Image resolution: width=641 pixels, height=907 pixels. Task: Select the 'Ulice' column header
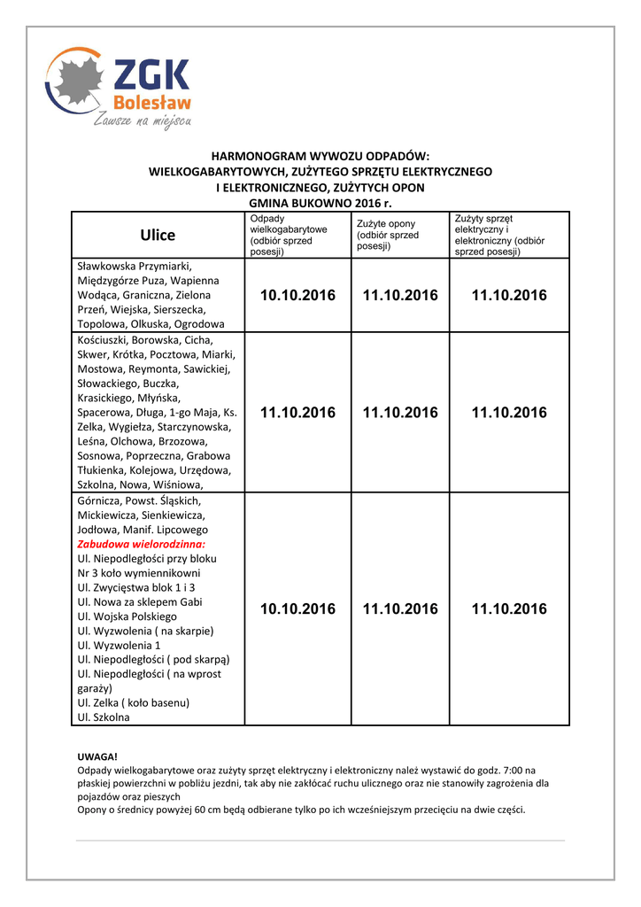(158, 235)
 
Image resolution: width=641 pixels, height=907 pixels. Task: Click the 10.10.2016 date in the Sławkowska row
(298, 295)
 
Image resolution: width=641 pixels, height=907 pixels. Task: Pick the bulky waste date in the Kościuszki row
(298, 412)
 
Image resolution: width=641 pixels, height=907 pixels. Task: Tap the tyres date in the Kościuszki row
(400, 412)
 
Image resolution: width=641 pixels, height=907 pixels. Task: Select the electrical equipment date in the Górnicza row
(509, 609)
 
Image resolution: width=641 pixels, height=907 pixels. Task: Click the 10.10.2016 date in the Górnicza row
(298, 609)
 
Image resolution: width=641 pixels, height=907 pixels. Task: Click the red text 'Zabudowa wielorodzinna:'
(142, 544)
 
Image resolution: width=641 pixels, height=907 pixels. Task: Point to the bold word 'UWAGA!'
(97, 756)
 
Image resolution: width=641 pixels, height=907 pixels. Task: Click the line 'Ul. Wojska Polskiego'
(127, 616)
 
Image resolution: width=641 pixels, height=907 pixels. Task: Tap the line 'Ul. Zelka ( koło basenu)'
(134, 702)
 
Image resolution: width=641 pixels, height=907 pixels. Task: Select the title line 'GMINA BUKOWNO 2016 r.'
(320, 202)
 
